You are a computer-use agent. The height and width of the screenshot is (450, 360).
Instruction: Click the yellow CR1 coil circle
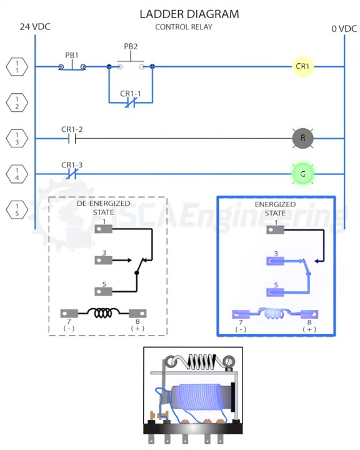(x=303, y=66)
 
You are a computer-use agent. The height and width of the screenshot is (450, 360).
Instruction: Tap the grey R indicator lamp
(x=303, y=138)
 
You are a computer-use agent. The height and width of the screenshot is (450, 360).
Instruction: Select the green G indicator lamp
(x=303, y=174)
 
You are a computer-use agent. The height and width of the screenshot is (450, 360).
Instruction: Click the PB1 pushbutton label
(x=72, y=55)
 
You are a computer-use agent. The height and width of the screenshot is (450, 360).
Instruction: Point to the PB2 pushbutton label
(x=131, y=46)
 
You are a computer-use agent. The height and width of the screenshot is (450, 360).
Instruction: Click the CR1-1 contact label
(x=131, y=94)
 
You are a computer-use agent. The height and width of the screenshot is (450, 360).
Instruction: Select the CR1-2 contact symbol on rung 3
(x=71, y=138)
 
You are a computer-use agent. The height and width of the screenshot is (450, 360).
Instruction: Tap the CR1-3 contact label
(x=71, y=165)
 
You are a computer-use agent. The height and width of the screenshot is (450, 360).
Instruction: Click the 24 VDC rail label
(x=34, y=27)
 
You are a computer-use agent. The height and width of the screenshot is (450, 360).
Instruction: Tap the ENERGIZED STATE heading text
(x=275, y=208)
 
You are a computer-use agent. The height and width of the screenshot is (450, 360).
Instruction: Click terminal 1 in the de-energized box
(x=103, y=229)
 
